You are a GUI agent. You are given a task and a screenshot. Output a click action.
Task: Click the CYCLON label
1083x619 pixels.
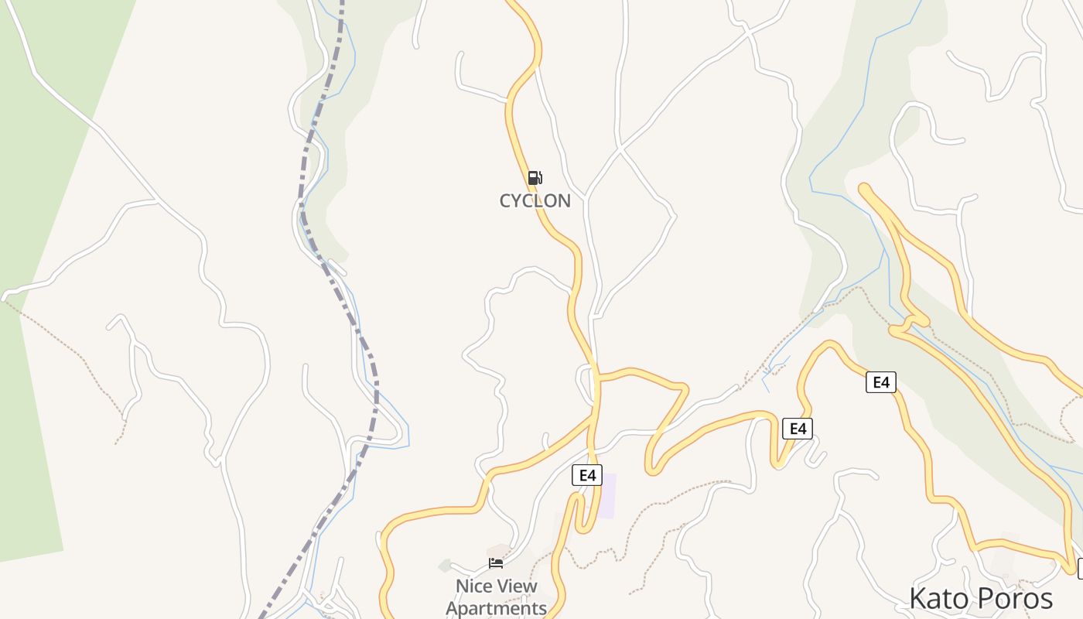click(x=535, y=200)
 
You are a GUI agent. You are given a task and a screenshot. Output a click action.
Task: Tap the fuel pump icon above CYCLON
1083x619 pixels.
click(x=535, y=178)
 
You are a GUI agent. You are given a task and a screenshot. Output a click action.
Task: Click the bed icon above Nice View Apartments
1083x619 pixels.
click(x=496, y=563)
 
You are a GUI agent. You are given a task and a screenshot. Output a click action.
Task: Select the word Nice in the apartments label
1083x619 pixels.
click(x=473, y=587)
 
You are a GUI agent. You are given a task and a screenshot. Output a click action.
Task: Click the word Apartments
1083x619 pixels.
click(x=496, y=608)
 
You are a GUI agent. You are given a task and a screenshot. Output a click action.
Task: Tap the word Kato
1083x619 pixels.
click(x=938, y=599)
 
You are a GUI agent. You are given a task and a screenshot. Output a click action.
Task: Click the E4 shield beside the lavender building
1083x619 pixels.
click(x=587, y=475)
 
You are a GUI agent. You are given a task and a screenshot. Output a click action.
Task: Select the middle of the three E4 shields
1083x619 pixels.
click(x=798, y=429)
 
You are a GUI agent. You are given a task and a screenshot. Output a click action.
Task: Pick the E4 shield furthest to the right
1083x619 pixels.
click(x=881, y=382)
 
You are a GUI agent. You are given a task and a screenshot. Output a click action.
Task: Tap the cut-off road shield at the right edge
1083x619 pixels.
click(x=1080, y=569)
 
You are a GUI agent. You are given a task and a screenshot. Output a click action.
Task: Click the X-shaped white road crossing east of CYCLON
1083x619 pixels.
click(x=620, y=146)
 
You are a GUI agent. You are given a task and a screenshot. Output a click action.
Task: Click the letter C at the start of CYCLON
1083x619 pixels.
click(x=506, y=201)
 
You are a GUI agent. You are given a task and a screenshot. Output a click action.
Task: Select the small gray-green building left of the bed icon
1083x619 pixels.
click(x=445, y=566)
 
